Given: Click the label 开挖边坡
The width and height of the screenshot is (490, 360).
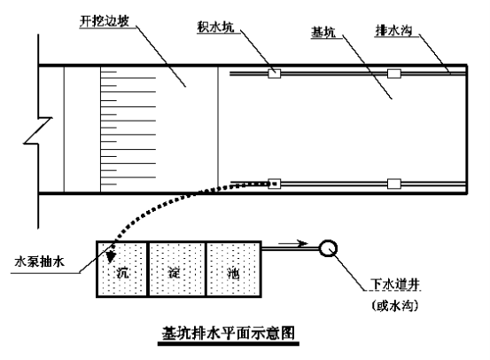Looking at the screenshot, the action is (104, 21).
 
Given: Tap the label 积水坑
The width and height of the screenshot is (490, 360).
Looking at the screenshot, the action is (215, 27).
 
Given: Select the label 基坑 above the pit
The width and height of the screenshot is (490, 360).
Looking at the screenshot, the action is (323, 32).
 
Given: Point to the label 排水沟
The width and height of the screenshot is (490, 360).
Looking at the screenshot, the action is (393, 31).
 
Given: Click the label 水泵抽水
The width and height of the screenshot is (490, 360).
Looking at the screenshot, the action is (39, 262).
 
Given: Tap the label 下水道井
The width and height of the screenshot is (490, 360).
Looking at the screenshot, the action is (395, 285).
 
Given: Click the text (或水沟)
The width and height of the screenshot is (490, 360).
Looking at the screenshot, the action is (395, 306).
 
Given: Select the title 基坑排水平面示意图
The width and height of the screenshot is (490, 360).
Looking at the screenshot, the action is (229, 333).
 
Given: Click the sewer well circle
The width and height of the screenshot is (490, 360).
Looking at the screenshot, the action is (328, 248).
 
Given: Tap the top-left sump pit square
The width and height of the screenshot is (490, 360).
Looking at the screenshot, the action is (275, 74).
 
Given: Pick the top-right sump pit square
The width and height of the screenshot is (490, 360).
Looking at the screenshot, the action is (394, 74).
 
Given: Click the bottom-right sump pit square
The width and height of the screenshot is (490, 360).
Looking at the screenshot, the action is (394, 184).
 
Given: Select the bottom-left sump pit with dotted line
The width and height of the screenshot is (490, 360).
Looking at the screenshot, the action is (275, 184).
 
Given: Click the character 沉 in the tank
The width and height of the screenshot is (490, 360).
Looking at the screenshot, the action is (122, 273).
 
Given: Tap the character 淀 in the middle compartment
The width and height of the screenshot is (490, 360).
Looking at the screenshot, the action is (174, 273).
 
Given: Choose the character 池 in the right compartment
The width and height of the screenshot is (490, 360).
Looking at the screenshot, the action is (233, 273).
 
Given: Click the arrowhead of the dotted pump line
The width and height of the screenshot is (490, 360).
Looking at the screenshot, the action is (110, 257).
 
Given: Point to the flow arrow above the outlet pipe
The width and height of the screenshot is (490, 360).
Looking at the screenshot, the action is (293, 243).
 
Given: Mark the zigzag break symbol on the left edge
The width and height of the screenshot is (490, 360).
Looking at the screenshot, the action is (38, 131).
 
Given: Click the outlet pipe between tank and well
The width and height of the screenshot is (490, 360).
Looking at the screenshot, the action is (291, 248).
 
